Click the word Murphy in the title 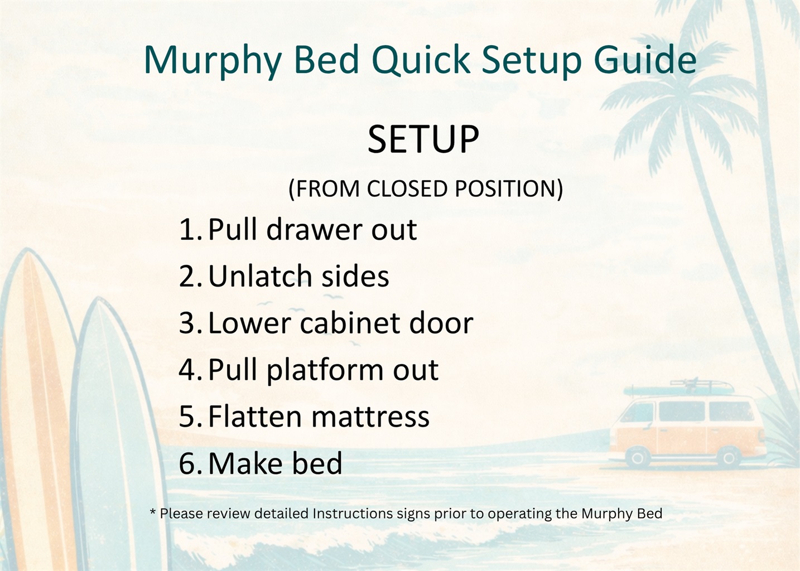[213, 61]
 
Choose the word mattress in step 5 [370, 417]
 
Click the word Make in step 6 [243, 463]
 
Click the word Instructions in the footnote [353, 514]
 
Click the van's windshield [637, 412]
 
